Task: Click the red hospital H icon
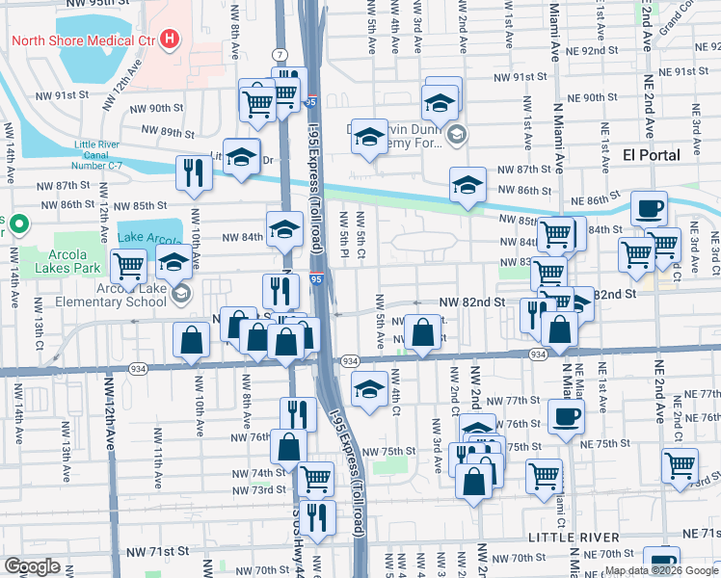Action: (171, 39)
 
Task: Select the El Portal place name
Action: (652, 154)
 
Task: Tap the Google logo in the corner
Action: (32, 566)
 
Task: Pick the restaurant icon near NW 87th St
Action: (194, 171)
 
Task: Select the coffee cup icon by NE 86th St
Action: (649, 207)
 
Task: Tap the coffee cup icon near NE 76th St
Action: (566, 416)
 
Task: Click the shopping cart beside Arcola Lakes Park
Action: (129, 265)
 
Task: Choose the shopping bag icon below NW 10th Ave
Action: (192, 338)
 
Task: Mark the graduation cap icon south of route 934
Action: (366, 388)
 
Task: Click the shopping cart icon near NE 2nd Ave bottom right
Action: (680, 464)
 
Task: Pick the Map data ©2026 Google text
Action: (660, 570)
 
